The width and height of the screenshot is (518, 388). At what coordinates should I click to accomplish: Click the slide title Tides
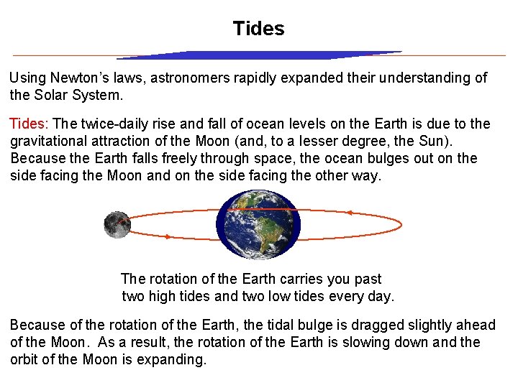pos(258,29)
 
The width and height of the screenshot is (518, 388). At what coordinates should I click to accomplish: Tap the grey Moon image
pos(117,225)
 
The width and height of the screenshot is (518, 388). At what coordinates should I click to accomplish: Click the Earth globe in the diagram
pos(258,224)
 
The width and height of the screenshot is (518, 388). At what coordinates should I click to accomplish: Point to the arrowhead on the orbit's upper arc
pos(350,213)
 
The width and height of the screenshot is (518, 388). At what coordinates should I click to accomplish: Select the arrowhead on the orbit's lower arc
pos(167,236)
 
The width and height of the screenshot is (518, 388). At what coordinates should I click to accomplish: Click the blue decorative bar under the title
pos(259,55)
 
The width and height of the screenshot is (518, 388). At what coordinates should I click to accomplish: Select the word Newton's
pos(88,78)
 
